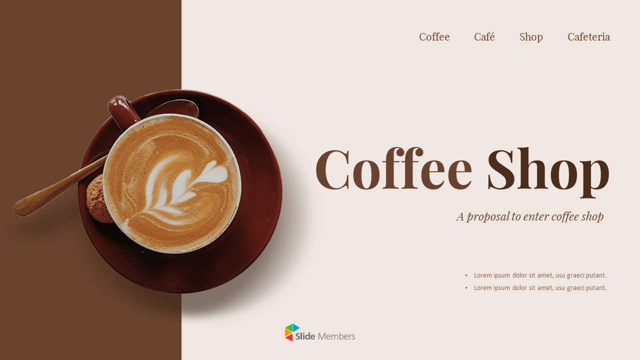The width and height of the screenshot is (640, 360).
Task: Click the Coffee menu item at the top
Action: [434, 37]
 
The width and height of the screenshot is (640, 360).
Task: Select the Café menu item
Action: [484, 37]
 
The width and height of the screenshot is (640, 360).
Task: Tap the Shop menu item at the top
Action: [531, 37]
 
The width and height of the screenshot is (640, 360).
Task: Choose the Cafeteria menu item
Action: [588, 37]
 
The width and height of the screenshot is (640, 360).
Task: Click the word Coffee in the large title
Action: [393, 169]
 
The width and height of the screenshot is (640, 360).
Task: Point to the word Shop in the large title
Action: [548, 169]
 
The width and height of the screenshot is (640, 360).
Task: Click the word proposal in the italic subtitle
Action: [487, 217]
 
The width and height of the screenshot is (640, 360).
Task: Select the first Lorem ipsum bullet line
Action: [540, 275]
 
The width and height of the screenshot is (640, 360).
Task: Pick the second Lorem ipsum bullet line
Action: [540, 287]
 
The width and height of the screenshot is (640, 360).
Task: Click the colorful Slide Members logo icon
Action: [292, 332]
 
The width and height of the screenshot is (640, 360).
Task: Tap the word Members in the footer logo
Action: [336, 336]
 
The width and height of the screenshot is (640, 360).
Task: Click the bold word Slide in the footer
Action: [305, 336]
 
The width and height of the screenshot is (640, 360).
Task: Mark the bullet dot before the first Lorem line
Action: [466, 275]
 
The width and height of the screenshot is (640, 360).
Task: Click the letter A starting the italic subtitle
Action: [460, 217]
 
